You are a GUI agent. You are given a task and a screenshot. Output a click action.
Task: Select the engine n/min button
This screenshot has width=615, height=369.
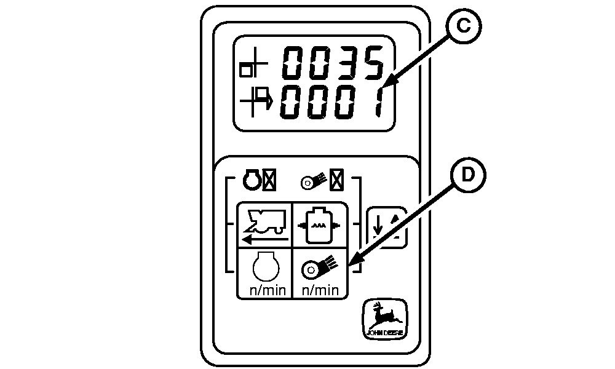pyautogui.click(x=264, y=272)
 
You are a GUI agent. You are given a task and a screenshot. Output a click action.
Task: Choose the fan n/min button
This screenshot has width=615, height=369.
pyautogui.click(x=319, y=272)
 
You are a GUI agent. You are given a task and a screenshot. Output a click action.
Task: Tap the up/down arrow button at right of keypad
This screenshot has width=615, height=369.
pyautogui.click(x=386, y=227)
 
